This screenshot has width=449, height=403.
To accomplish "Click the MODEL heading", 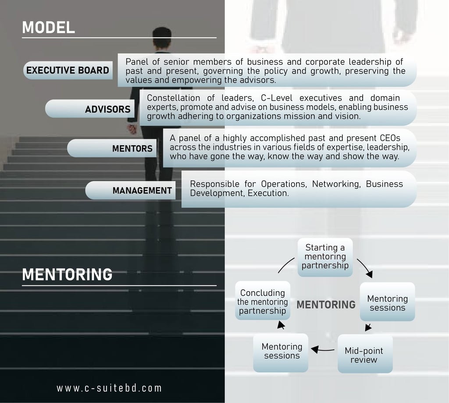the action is tap(49, 27).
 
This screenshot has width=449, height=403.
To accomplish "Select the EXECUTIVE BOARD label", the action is tap(68, 70).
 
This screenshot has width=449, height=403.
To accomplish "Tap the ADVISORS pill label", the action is tap(108, 109).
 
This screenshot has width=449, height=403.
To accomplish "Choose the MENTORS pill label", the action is tap(132, 149).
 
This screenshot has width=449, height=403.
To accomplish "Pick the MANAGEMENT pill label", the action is tap(142, 191).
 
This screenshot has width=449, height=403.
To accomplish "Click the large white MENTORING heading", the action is tap(67, 274).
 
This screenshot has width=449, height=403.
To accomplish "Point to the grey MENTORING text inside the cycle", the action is tap(326, 304).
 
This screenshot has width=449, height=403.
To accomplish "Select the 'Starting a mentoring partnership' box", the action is tap(325, 257).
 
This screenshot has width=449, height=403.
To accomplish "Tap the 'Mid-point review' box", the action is tap(364, 355).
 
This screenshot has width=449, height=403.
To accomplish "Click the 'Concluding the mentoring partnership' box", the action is tap(263, 301).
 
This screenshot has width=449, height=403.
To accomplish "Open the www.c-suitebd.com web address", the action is tap(109, 388).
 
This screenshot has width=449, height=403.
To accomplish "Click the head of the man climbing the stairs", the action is tap(162, 38).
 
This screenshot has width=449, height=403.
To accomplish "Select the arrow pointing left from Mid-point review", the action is tap(322, 349).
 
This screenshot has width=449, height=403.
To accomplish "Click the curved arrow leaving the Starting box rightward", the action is tap(365, 268).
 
